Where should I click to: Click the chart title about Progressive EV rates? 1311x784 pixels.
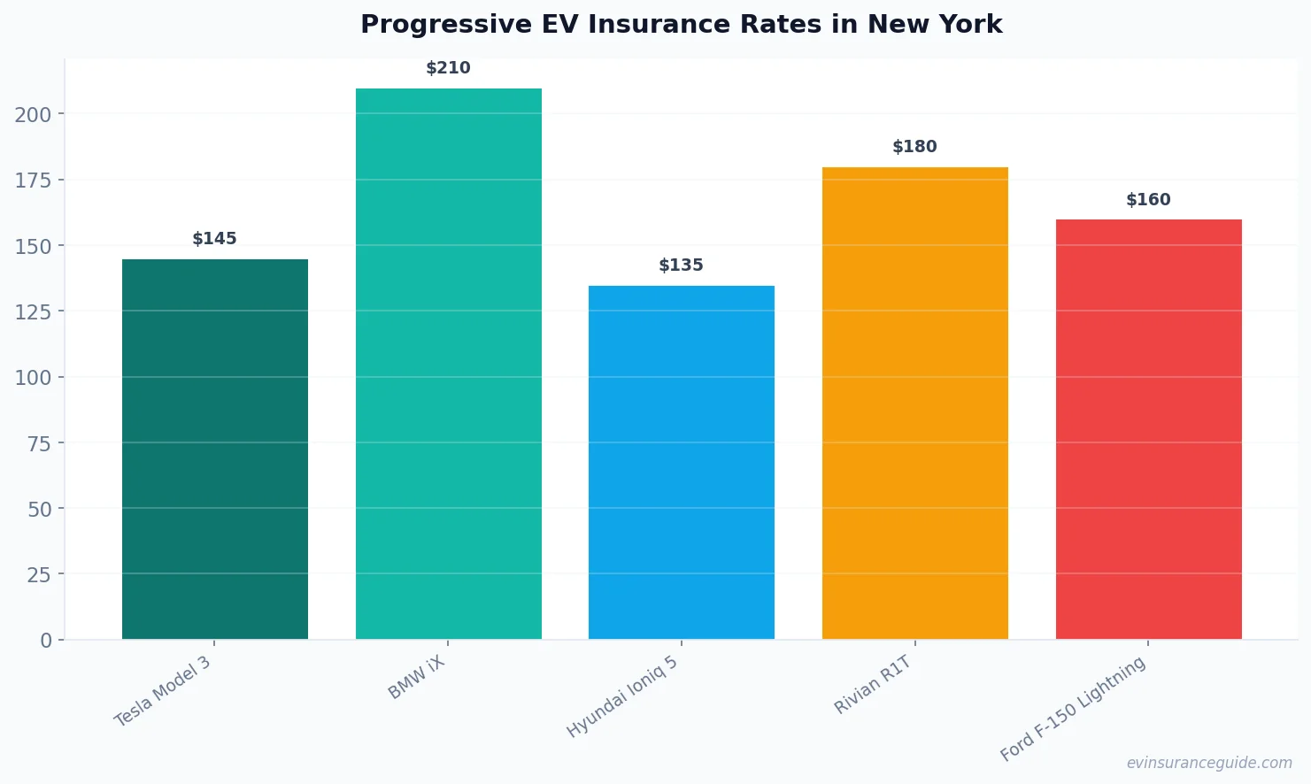click(x=681, y=24)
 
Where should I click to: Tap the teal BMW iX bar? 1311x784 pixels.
click(x=448, y=364)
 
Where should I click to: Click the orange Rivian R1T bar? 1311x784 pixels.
click(x=914, y=403)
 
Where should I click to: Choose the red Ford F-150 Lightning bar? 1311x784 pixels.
click(x=1148, y=429)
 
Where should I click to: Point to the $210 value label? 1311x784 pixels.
click(x=448, y=68)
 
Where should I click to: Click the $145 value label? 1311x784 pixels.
click(x=215, y=239)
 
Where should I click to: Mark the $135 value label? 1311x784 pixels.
click(x=681, y=265)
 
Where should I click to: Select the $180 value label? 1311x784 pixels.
click(x=914, y=147)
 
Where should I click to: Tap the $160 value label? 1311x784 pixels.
click(x=1148, y=200)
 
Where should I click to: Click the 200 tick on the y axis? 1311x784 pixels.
click(x=33, y=114)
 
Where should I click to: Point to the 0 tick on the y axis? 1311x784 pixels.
click(x=46, y=641)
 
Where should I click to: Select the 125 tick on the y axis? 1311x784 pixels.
click(x=33, y=311)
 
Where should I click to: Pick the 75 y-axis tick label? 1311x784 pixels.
click(x=39, y=443)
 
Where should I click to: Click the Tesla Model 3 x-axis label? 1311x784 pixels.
click(x=163, y=691)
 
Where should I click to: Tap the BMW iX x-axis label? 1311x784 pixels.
click(x=416, y=679)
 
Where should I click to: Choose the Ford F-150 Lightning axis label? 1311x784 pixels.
click(x=1073, y=710)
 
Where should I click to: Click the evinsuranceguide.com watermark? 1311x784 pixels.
click(x=1208, y=763)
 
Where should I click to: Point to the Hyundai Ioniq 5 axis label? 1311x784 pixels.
click(x=622, y=697)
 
